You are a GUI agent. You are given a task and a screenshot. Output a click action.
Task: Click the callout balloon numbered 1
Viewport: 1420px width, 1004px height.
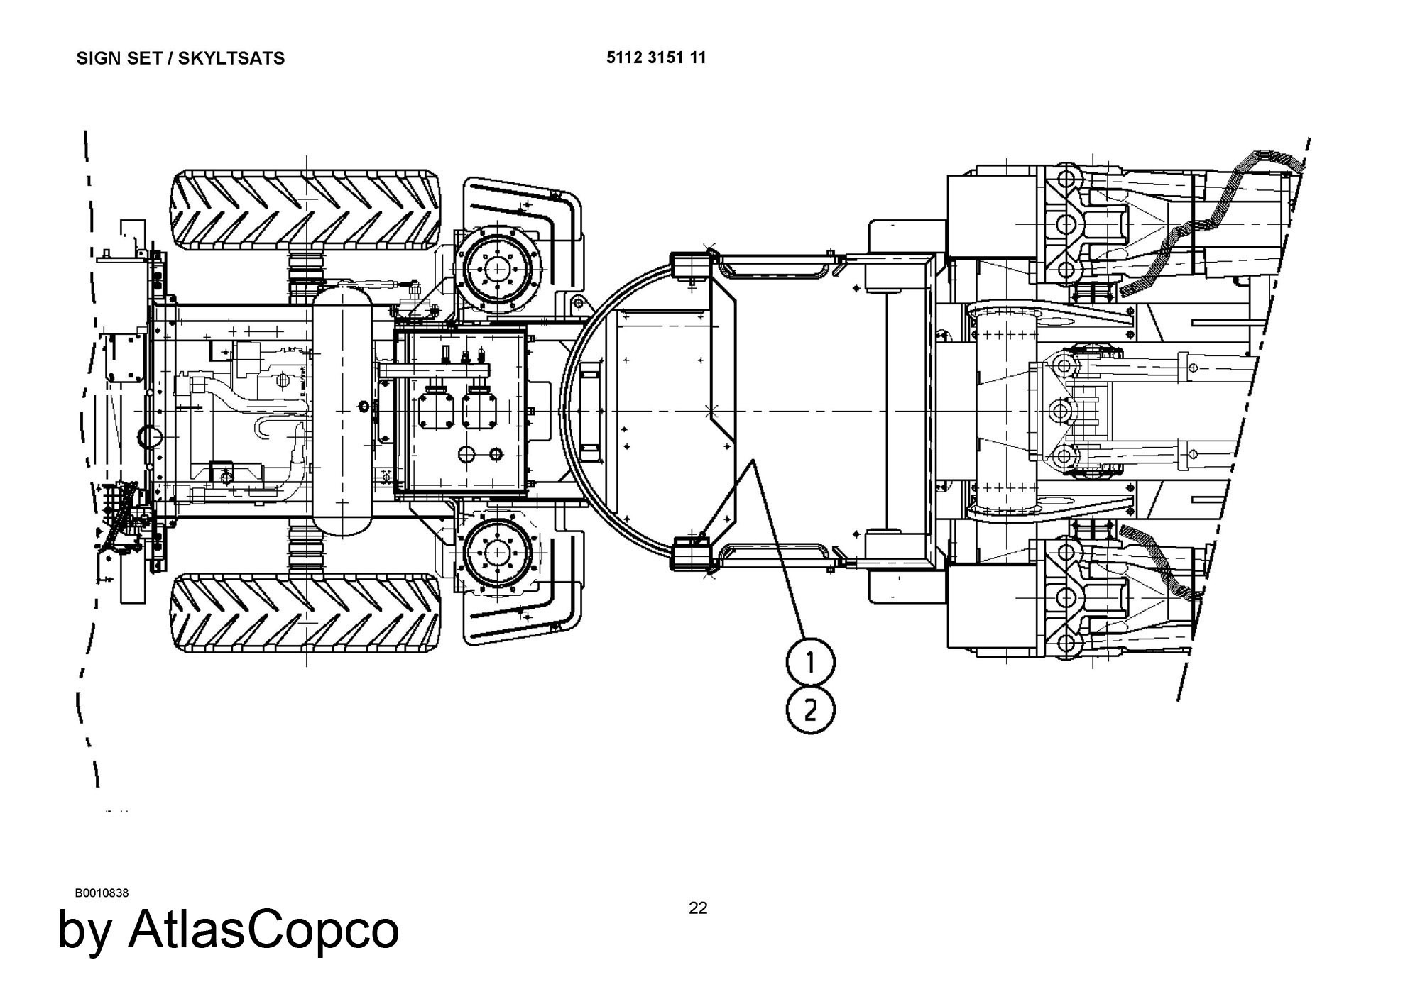[810, 662]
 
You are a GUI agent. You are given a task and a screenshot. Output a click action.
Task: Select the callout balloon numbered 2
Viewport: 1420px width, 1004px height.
[810, 709]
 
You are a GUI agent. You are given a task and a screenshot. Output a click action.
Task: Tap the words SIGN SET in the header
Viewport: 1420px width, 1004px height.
[116, 58]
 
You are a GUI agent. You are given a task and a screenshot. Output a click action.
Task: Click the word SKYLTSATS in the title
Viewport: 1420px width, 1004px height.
[231, 58]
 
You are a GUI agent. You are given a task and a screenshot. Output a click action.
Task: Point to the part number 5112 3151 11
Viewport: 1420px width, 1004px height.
[656, 57]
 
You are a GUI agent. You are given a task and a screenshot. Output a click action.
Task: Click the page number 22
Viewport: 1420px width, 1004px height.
[698, 908]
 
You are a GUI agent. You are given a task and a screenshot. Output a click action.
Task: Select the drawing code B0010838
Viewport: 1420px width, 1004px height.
[102, 893]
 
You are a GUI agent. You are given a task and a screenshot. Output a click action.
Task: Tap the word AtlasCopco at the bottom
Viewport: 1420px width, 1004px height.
[263, 929]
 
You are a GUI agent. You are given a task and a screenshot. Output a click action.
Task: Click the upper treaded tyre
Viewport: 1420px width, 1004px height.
[306, 210]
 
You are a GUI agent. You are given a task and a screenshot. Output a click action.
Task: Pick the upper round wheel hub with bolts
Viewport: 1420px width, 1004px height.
[498, 270]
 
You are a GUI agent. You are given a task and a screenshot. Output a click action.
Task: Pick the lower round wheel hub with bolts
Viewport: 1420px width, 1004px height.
[498, 553]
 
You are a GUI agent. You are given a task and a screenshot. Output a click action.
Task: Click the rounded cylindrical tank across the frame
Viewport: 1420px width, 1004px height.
[343, 412]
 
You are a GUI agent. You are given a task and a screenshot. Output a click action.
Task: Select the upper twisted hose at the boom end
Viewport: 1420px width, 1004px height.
[1207, 220]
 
